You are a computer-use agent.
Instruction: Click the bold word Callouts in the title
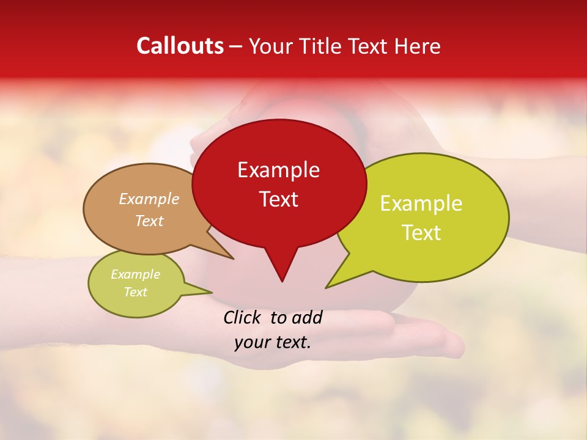click(x=180, y=46)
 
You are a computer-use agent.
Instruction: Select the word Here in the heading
click(x=416, y=46)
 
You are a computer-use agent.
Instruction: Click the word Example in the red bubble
click(x=278, y=170)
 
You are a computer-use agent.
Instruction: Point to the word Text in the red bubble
click(x=278, y=199)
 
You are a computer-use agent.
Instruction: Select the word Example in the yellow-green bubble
click(x=421, y=204)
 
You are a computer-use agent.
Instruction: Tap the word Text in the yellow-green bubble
click(x=421, y=232)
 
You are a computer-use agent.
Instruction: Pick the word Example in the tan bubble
click(x=149, y=199)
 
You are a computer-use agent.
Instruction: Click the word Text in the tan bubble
click(x=149, y=221)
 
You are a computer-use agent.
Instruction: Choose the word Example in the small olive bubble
click(x=135, y=274)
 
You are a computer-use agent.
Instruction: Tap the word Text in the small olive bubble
click(x=135, y=292)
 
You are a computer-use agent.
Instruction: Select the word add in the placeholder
click(x=307, y=317)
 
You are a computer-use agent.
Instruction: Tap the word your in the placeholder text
click(x=252, y=342)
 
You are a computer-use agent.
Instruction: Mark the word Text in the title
click(x=367, y=46)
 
